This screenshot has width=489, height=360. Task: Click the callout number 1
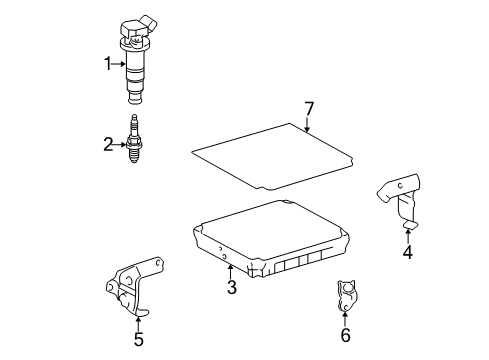pos(109,65)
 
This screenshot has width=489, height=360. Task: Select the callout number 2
pos(109,145)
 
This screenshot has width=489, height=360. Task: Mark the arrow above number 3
pos(230,270)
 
